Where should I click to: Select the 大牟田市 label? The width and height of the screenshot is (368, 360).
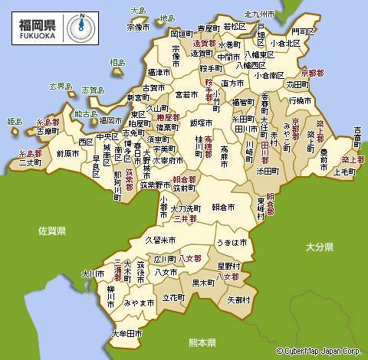point(127,333)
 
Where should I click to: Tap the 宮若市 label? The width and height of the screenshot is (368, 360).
point(187,95)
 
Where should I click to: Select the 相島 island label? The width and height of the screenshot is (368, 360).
point(117,62)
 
